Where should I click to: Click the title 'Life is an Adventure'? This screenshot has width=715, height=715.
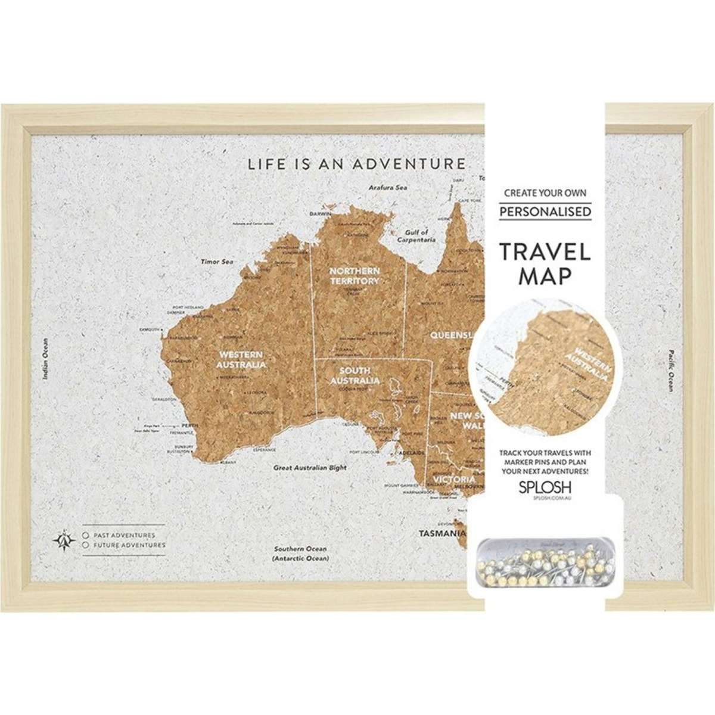(x=356, y=163)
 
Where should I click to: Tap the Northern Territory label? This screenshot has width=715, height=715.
(x=355, y=276)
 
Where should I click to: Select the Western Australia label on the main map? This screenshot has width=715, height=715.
(x=241, y=359)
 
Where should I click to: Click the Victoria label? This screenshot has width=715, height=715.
(x=454, y=479)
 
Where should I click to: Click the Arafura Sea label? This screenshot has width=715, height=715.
(x=388, y=186)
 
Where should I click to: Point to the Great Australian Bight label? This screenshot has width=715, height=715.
(x=310, y=468)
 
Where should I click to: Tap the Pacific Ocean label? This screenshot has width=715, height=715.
(x=670, y=370)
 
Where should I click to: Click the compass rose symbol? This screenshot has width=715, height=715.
(x=63, y=539)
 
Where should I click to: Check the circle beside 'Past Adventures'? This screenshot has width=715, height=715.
(x=86, y=535)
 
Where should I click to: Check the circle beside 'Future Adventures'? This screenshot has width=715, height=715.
(x=86, y=545)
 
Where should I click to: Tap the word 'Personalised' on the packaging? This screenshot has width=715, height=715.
(x=545, y=212)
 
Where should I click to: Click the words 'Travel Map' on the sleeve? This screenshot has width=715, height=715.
(x=545, y=263)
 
